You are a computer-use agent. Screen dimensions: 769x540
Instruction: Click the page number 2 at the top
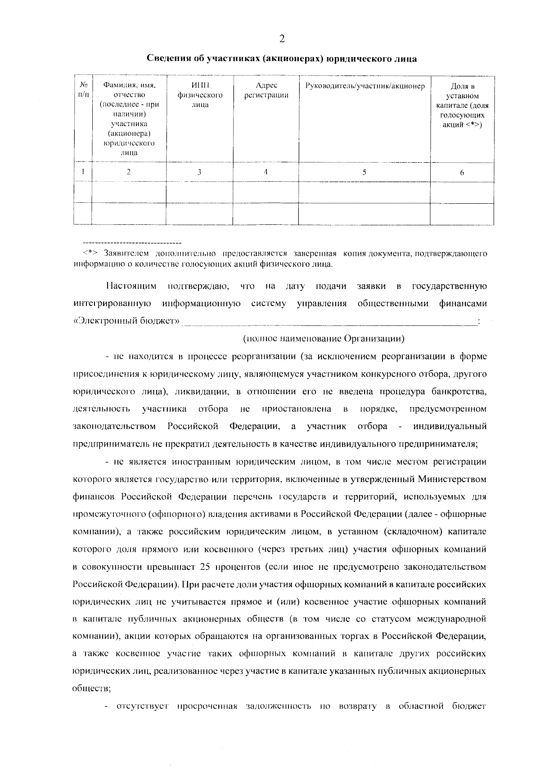pos(282,39)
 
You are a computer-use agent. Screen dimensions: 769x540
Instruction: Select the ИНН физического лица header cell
pos(200,95)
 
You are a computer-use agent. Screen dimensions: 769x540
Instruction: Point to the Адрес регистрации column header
pos(266,90)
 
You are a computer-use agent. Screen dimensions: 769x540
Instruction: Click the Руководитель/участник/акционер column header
pos(364,85)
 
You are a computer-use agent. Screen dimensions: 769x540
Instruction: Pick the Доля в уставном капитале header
pos(462,105)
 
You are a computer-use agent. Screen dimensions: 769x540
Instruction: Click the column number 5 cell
pos(364,171)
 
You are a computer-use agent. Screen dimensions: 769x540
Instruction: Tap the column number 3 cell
pos(199,171)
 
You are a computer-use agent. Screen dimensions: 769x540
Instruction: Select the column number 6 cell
pos(462,172)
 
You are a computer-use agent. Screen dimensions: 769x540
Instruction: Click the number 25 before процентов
pos(205,567)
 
